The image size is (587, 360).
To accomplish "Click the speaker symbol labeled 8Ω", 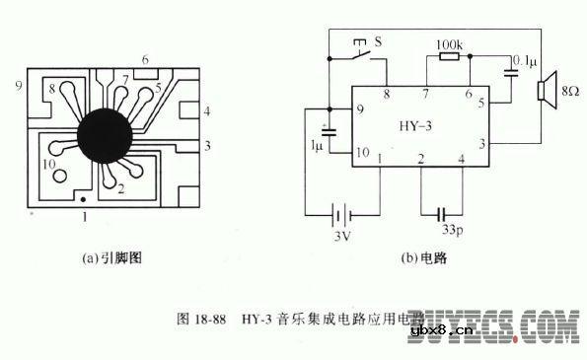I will coord(541,92).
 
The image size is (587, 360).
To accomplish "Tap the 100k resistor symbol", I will coord(449,56).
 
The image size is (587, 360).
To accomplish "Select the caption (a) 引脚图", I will coord(115,261).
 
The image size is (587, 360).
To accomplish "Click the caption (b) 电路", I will coord(422,261).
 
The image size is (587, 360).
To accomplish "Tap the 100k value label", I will coord(448,43).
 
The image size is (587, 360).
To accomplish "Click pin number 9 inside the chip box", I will coord(361,108).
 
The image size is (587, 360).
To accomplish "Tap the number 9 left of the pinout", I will coord(18,86).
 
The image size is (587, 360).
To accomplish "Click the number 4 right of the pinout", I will coord(206,112).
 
